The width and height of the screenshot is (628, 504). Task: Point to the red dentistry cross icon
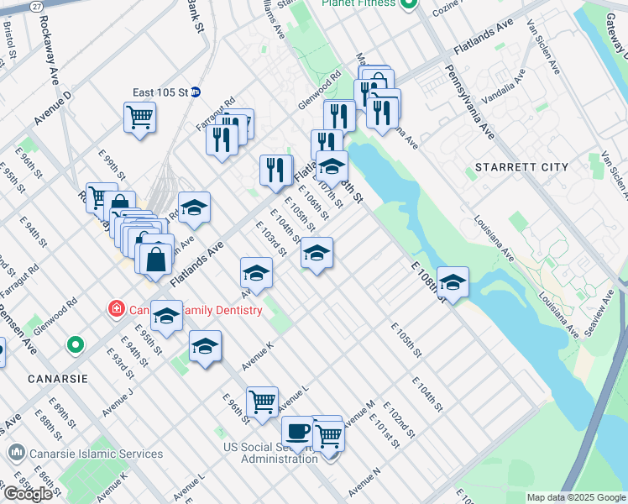click(117, 310)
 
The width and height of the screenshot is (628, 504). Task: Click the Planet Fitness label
click(358, 3)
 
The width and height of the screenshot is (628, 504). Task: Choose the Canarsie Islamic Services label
click(92, 454)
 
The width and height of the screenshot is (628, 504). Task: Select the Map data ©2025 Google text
click(576, 497)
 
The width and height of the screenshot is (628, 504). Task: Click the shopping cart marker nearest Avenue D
click(139, 117)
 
